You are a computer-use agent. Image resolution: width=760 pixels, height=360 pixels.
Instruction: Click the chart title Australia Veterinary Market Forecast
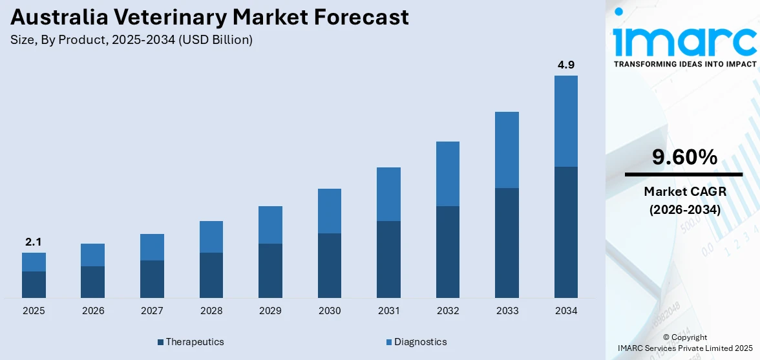pos(210,17)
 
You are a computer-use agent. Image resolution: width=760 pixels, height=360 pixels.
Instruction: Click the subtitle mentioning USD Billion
pos(131,40)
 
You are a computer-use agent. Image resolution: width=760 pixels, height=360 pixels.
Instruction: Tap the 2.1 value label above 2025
pos(34,242)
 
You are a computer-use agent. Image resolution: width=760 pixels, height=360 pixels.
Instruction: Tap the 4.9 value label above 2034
pos(566,65)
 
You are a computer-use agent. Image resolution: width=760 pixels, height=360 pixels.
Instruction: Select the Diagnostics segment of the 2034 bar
pos(566,121)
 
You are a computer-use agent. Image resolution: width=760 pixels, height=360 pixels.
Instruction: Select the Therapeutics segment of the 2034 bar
pos(566,232)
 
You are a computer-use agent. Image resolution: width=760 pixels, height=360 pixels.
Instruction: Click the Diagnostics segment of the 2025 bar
pos(34,262)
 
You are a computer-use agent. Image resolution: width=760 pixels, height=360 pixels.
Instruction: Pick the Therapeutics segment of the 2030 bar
pos(330,265)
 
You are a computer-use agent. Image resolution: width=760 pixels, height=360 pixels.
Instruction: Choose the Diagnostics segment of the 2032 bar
pos(448,174)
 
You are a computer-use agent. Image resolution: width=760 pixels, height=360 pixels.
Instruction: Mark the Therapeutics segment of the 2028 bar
pos(211,275)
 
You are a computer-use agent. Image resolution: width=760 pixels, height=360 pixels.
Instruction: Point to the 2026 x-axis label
pos(93,311)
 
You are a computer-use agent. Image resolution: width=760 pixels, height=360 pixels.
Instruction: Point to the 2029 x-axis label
pos(270,311)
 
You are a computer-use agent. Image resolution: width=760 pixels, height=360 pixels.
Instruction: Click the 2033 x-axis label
pos(507,311)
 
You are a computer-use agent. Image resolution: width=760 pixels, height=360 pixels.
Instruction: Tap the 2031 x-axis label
pos(388,311)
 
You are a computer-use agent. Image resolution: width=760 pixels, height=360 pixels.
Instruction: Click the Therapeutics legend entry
pos(191,341)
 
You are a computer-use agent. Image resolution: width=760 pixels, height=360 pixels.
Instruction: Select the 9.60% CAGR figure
pos(684,157)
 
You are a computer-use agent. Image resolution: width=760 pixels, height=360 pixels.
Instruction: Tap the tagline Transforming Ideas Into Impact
pos(684,64)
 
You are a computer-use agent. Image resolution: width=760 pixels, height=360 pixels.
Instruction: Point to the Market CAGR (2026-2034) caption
pos(684,200)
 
